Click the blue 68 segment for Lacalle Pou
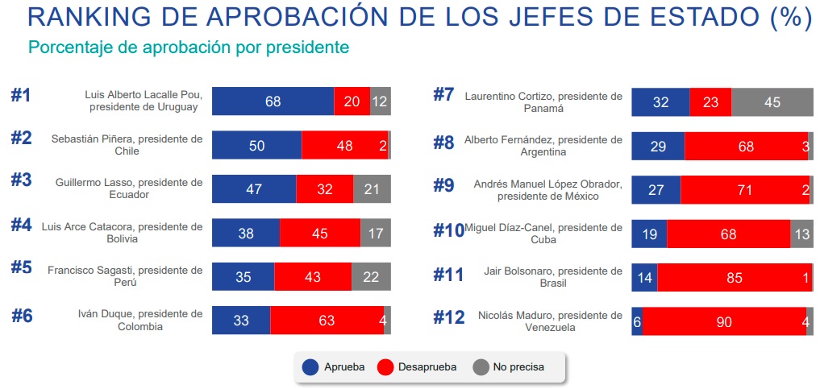(273, 101)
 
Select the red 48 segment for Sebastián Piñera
(344, 145)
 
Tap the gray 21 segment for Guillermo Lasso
(372, 188)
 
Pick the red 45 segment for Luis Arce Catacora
(320, 233)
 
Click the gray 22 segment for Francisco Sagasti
(371, 276)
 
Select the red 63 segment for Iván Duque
(327, 320)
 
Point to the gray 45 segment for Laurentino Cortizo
(772, 101)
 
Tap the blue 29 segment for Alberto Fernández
(658, 145)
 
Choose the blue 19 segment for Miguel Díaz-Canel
(649, 233)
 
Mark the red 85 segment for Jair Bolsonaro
(735, 276)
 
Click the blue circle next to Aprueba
(310, 367)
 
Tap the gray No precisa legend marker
(481, 367)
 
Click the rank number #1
(21, 95)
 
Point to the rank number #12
(449, 317)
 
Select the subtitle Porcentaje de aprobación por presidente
(189, 48)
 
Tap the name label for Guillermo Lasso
(129, 188)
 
